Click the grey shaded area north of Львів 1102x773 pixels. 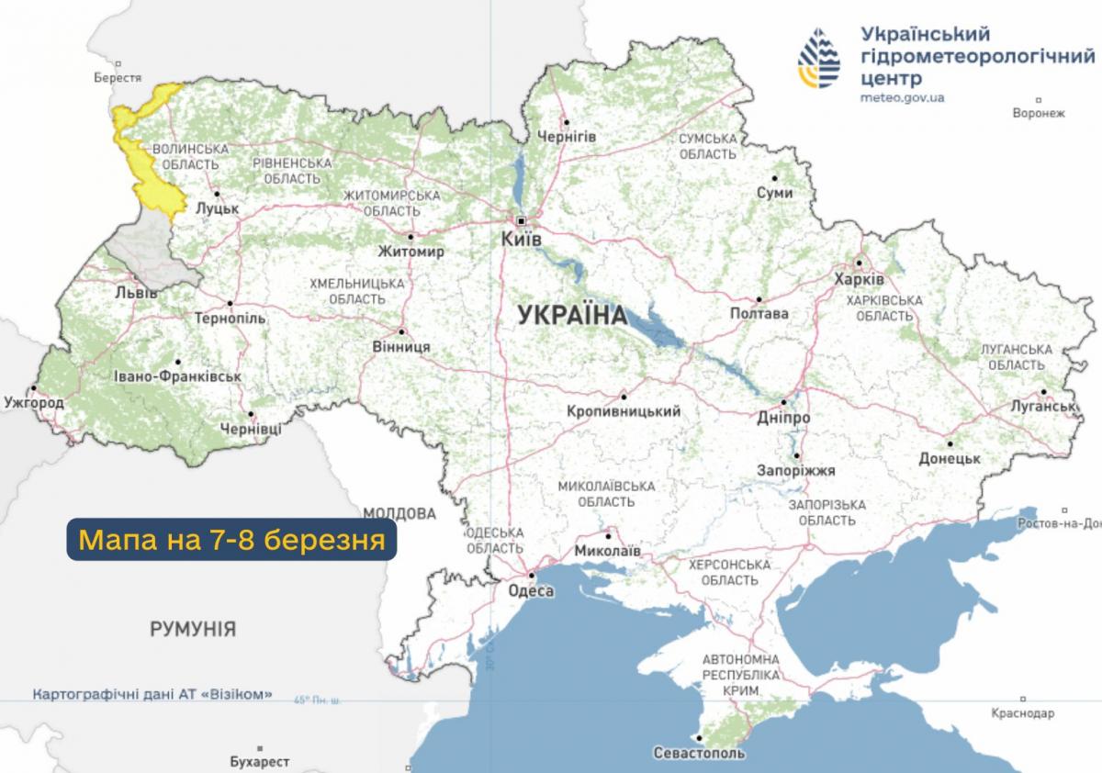pyautogui.click(x=147, y=252)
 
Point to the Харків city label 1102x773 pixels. pyautogui.click(x=859, y=278)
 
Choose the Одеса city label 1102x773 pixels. pyautogui.click(x=531, y=591)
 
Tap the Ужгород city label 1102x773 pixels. pyautogui.click(x=34, y=403)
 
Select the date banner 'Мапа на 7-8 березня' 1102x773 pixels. pyautogui.click(x=231, y=540)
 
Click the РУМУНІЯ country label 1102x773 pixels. pyautogui.click(x=192, y=630)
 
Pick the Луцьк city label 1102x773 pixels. pyautogui.click(x=218, y=208)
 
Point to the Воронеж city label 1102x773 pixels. pyautogui.click(x=1038, y=114)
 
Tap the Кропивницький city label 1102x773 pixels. pyautogui.click(x=624, y=412)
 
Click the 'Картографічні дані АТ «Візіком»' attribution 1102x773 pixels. pyautogui.click(x=152, y=695)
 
